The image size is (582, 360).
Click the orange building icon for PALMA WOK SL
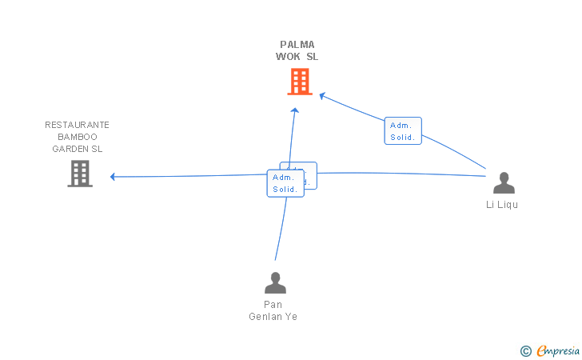(x=299, y=81)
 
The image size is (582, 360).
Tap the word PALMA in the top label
(x=297, y=45)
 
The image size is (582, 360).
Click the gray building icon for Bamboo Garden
(x=80, y=174)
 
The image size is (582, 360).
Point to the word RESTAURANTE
(x=78, y=125)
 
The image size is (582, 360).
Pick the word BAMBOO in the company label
(x=78, y=137)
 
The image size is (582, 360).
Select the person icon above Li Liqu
(x=504, y=183)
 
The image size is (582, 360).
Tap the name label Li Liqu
(x=502, y=205)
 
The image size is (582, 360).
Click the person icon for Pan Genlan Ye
(x=275, y=282)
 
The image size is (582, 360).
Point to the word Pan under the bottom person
(x=273, y=304)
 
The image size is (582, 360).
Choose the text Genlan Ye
(x=273, y=316)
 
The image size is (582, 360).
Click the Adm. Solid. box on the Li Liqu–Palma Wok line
(x=403, y=131)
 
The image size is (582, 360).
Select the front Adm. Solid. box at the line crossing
(x=285, y=183)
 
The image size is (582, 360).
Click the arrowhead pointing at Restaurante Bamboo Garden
(x=114, y=177)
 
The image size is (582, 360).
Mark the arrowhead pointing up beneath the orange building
(x=295, y=110)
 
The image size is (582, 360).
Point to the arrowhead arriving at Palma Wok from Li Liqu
(x=322, y=96)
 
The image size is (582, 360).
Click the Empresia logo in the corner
(x=557, y=350)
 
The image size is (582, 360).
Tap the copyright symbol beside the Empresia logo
(x=525, y=350)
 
